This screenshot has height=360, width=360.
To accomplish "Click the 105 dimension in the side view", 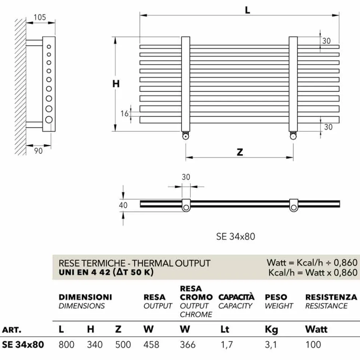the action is tap(40, 17).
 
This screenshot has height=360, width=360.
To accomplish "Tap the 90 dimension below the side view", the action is tap(38, 151).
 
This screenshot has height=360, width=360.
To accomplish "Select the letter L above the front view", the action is tap(247, 10).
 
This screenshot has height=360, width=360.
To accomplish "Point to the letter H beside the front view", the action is tap(116, 84).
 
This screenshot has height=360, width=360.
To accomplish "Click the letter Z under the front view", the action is tap(240, 152).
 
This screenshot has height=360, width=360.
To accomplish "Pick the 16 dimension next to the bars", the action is tap(124, 113).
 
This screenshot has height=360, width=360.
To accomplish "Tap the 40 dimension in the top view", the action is tap(123, 205).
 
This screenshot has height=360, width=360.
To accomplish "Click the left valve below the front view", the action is tap(185, 136).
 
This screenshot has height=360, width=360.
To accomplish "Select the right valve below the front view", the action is tap(293, 136).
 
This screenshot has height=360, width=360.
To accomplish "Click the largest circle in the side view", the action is tap(49, 120).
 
